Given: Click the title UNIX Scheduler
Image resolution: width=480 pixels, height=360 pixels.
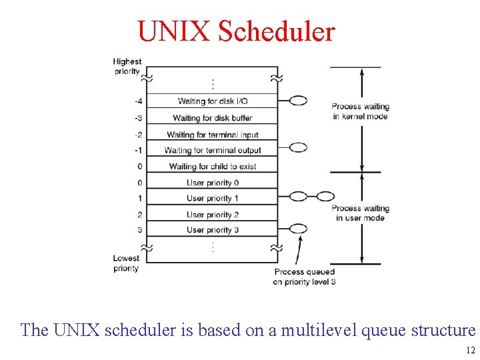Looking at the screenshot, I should pyautogui.click(x=236, y=31).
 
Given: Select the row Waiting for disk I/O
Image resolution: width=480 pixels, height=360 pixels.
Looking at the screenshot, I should pyautogui.click(x=213, y=101).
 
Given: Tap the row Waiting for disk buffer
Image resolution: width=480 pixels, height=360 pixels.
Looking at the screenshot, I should pyautogui.click(x=213, y=118).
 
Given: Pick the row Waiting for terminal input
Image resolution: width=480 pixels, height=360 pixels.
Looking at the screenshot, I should pyautogui.click(x=213, y=135).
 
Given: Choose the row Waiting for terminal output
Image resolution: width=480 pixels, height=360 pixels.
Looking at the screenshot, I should pyautogui.click(x=213, y=150).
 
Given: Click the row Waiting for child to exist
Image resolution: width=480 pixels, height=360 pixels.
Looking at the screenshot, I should pyautogui.click(x=213, y=166).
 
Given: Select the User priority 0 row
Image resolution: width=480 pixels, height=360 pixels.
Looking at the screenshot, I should pyautogui.click(x=213, y=183).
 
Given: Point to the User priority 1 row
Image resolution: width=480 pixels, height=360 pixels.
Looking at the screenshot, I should pyautogui.click(x=213, y=198).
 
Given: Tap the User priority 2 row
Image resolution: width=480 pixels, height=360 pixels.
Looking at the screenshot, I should pyautogui.click(x=213, y=215).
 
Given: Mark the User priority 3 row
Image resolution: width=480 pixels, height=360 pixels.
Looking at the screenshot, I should pyautogui.click(x=213, y=230).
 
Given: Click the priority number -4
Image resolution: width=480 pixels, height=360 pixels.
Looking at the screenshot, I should pyautogui.click(x=138, y=101).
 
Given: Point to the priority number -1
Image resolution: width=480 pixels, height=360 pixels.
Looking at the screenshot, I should pyautogui.click(x=138, y=150).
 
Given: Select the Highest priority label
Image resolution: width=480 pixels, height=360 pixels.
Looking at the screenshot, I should pyautogui.click(x=127, y=67).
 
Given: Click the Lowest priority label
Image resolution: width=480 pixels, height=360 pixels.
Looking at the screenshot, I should pyautogui.click(x=126, y=263).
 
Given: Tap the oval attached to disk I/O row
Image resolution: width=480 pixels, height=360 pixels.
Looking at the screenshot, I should pyautogui.click(x=299, y=101).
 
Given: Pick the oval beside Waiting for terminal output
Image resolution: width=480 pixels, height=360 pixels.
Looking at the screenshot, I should pyautogui.click(x=299, y=147).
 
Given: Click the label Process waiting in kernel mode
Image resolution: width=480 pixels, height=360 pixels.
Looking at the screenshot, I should pyautogui.click(x=360, y=111).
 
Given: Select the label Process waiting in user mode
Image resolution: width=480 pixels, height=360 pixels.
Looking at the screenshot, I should pyautogui.click(x=360, y=213).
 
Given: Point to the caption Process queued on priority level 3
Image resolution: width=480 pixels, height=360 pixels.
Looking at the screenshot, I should pyautogui.click(x=304, y=277).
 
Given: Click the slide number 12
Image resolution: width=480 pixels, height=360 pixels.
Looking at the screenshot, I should pyautogui.click(x=470, y=351).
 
